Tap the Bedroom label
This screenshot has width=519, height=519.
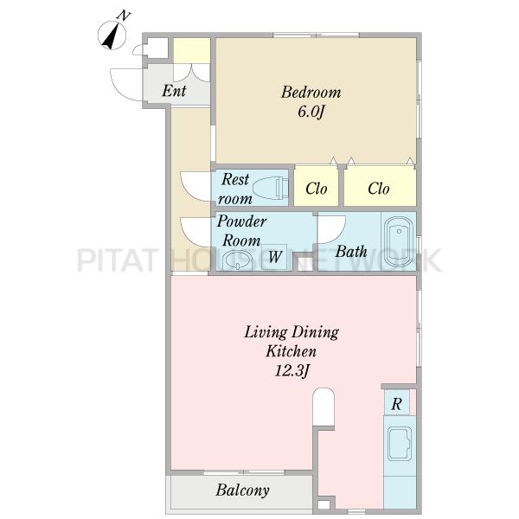click(311, 93)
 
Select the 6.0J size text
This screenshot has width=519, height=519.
click(311, 112)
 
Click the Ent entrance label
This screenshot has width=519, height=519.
click(174, 90)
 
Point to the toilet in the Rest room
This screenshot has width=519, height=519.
click(271, 188)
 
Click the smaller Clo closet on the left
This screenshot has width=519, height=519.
click(316, 186)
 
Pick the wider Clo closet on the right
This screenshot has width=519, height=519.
click(380, 186)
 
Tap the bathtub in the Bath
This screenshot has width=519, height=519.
click(399, 241)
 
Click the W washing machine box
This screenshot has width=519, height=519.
click(275, 257)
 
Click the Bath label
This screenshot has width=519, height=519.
click(351, 252)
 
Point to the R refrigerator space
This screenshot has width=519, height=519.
click(396, 402)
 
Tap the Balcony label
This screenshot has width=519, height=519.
click(242, 490)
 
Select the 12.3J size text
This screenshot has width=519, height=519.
click(292, 371)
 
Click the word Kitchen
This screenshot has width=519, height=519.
click(291, 351)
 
